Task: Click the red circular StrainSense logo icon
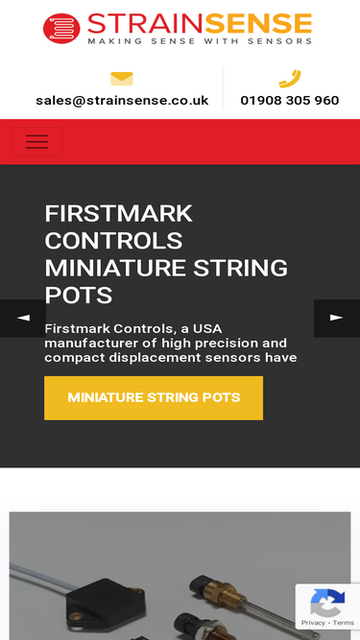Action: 61,28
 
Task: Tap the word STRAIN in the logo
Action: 145,24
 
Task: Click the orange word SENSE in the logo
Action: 258,24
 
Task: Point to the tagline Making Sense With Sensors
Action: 200,41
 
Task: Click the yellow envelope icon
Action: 122,79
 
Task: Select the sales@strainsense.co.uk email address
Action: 122,101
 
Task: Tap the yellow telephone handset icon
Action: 290,79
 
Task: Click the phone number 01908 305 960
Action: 290,101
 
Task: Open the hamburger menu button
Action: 36,142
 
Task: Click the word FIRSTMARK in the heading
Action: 119,213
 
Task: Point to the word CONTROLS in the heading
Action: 113,241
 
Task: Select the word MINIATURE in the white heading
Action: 115,268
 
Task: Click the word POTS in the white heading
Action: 79,296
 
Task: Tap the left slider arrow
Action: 23,319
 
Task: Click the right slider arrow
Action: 337,319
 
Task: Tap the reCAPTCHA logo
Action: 327,603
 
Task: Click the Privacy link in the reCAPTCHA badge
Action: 313,623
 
